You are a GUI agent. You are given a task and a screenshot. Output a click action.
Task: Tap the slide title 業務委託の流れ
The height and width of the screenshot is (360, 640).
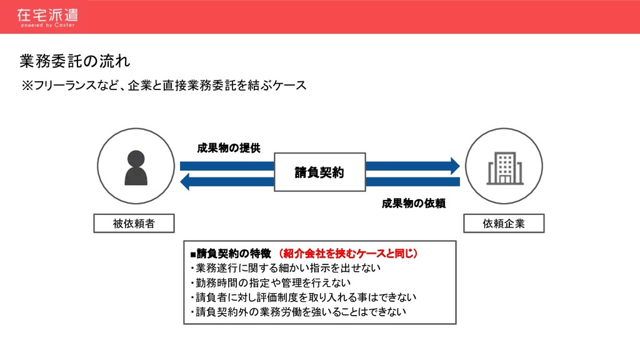tap(75, 61)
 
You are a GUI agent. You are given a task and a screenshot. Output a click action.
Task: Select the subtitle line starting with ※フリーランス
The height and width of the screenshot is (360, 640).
tap(164, 85)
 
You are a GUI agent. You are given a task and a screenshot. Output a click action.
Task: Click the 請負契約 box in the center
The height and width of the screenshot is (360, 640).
tap(319, 172)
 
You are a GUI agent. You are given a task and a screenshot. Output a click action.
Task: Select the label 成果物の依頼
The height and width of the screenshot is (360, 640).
tap(413, 203)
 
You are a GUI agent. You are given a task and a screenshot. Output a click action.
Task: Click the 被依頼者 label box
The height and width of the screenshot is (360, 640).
tap(134, 224)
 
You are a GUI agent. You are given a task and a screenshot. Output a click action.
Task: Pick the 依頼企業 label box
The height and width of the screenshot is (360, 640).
tap(504, 224)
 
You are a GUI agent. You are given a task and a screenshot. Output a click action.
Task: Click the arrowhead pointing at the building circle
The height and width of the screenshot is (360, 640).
tap(454, 166)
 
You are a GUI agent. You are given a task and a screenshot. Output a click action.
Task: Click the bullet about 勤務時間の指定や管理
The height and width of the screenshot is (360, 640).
tap(271, 282)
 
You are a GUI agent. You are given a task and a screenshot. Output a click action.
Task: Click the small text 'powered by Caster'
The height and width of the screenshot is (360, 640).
tap(47, 26)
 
